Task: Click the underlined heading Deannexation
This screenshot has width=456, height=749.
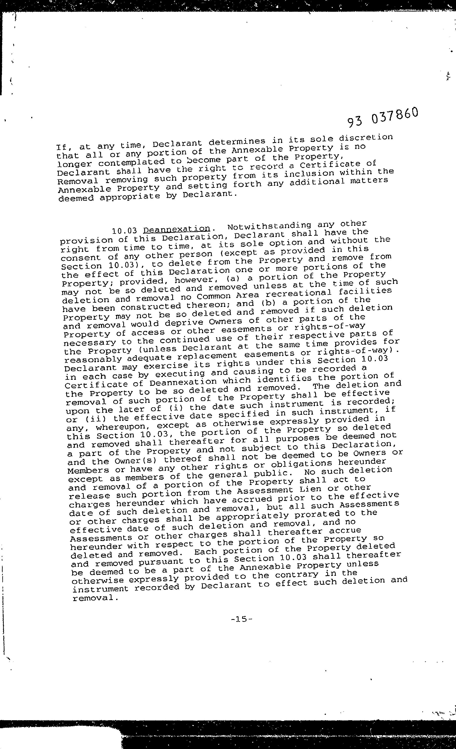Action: pos(177,229)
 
